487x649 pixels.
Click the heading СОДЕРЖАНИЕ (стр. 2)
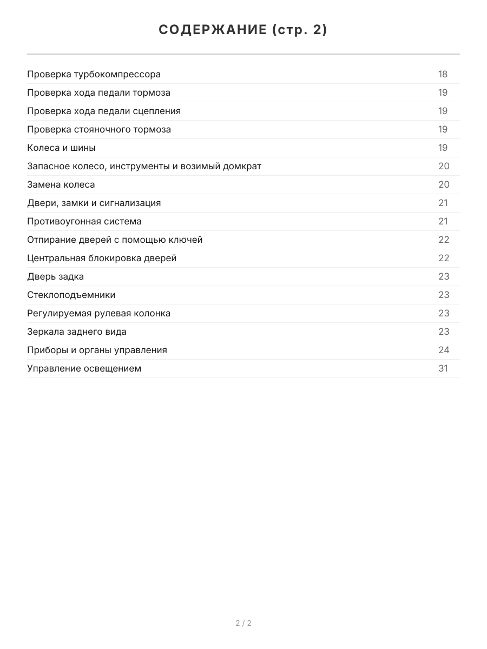pos(243,30)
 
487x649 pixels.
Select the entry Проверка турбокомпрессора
pos(94,74)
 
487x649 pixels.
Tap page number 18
pos(443,74)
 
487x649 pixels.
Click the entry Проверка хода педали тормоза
pos(98,92)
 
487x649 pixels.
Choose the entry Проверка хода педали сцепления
pos(104,111)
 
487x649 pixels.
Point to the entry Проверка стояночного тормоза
pos(99,129)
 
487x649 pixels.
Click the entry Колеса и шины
pos(61,148)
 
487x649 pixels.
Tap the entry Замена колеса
pos(61,184)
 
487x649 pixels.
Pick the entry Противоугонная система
pos(84,221)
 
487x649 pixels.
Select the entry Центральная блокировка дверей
pos(102,258)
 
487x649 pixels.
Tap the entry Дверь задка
pos(56,276)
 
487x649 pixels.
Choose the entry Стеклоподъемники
pos(71,295)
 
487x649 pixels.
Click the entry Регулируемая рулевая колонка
pos(98,313)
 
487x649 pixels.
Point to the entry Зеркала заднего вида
pos(77,332)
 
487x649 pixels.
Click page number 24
pos(444,350)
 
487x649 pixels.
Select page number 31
pos(443,368)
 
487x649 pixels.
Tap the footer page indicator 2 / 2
pos(243,623)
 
